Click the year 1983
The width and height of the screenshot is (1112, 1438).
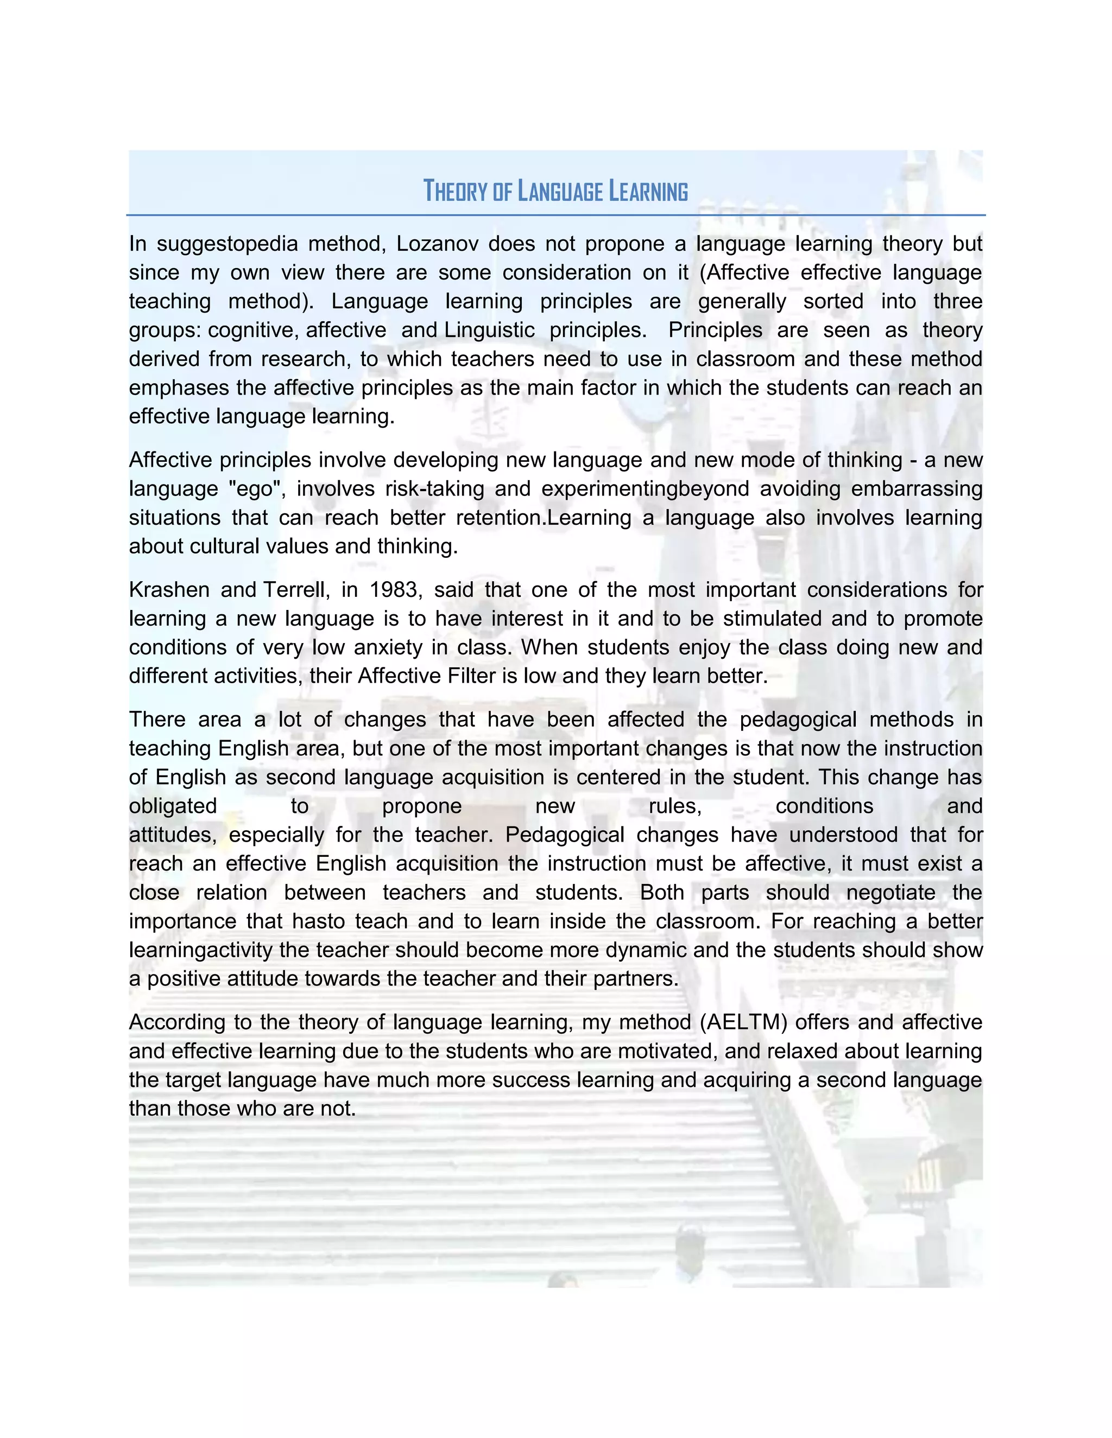[x=395, y=590]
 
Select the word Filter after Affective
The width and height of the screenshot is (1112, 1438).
[x=472, y=676]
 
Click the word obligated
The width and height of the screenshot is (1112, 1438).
[x=173, y=806]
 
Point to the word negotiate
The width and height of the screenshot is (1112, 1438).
[x=890, y=893]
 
